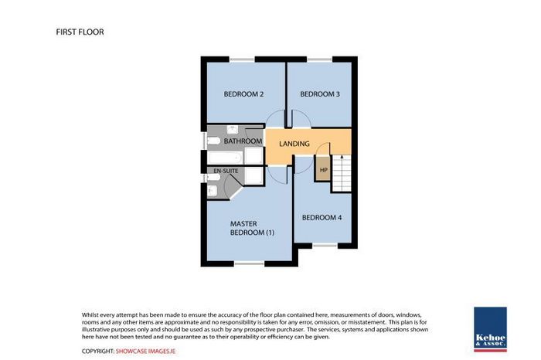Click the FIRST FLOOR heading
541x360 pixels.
click(x=80, y=32)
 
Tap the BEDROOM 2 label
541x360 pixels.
click(x=243, y=94)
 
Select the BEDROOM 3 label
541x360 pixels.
click(x=320, y=94)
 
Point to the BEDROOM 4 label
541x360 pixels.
click(x=322, y=218)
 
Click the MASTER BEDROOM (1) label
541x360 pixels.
click(x=252, y=228)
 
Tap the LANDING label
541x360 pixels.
click(x=294, y=144)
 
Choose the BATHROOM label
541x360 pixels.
click(x=243, y=141)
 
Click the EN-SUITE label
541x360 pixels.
click(x=226, y=171)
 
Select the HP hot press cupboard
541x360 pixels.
click(x=323, y=169)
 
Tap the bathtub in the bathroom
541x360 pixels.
click(x=225, y=158)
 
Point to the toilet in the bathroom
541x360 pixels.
click(x=213, y=141)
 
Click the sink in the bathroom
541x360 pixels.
click(x=232, y=130)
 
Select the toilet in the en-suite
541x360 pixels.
click(x=213, y=177)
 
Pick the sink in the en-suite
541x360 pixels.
click(x=213, y=191)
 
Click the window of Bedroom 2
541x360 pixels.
click(x=242, y=59)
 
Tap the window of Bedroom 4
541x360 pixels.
click(x=325, y=246)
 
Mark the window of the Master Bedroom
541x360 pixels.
click(x=249, y=263)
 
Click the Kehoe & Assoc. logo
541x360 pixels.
click(x=490, y=329)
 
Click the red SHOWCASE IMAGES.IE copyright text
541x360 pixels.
click(x=145, y=352)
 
